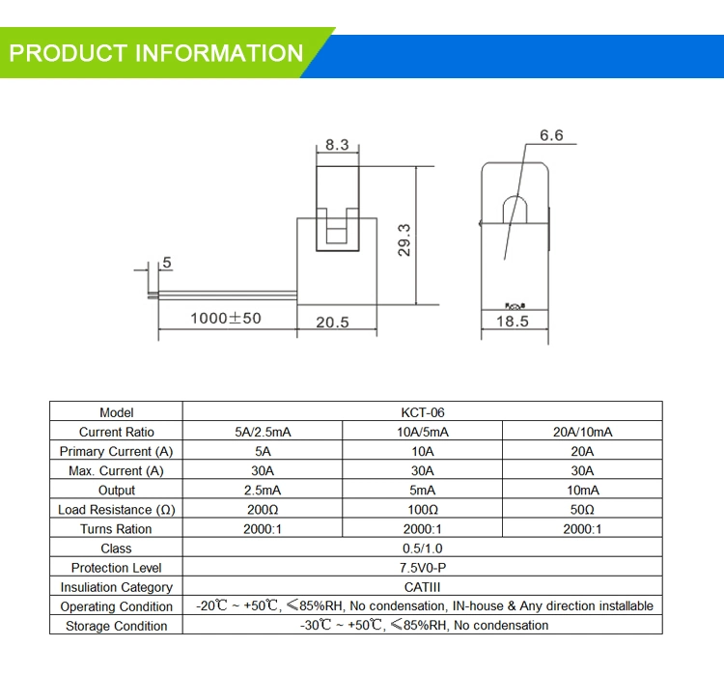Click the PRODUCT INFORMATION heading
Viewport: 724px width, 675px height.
click(x=156, y=53)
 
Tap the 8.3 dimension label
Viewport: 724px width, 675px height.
click(x=337, y=145)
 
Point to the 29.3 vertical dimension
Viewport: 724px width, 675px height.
click(x=404, y=240)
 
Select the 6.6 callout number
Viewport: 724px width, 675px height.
click(x=551, y=136)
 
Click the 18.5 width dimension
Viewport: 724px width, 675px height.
click(x=513, y=322)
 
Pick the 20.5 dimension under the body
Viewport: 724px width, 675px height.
click(x=332, y=323)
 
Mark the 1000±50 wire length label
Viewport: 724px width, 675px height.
click(x=225, y=318)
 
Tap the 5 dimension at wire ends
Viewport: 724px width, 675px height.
click(x=167, y=263)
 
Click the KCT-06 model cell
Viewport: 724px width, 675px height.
click(x=422, y=412)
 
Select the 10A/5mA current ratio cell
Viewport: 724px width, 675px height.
click(x=422, y=432)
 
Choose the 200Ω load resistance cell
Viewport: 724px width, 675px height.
click(x=262, y=509)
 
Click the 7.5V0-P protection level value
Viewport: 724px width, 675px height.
click(x=422, y=568)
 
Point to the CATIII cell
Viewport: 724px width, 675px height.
click(x=422, y=587)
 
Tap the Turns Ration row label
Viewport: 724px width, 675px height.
click(x=116, y=529)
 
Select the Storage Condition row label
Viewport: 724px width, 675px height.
click(x=116, y=626)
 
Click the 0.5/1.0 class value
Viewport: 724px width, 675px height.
click(x=422, y=548)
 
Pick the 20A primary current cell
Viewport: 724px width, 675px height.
click(x=582, y=451)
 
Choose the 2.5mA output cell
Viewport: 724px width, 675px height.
click(x=262, y=490)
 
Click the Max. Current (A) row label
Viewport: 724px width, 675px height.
click(x=116, y=470)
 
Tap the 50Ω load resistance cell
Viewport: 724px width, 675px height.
click(x=582, y=509)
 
